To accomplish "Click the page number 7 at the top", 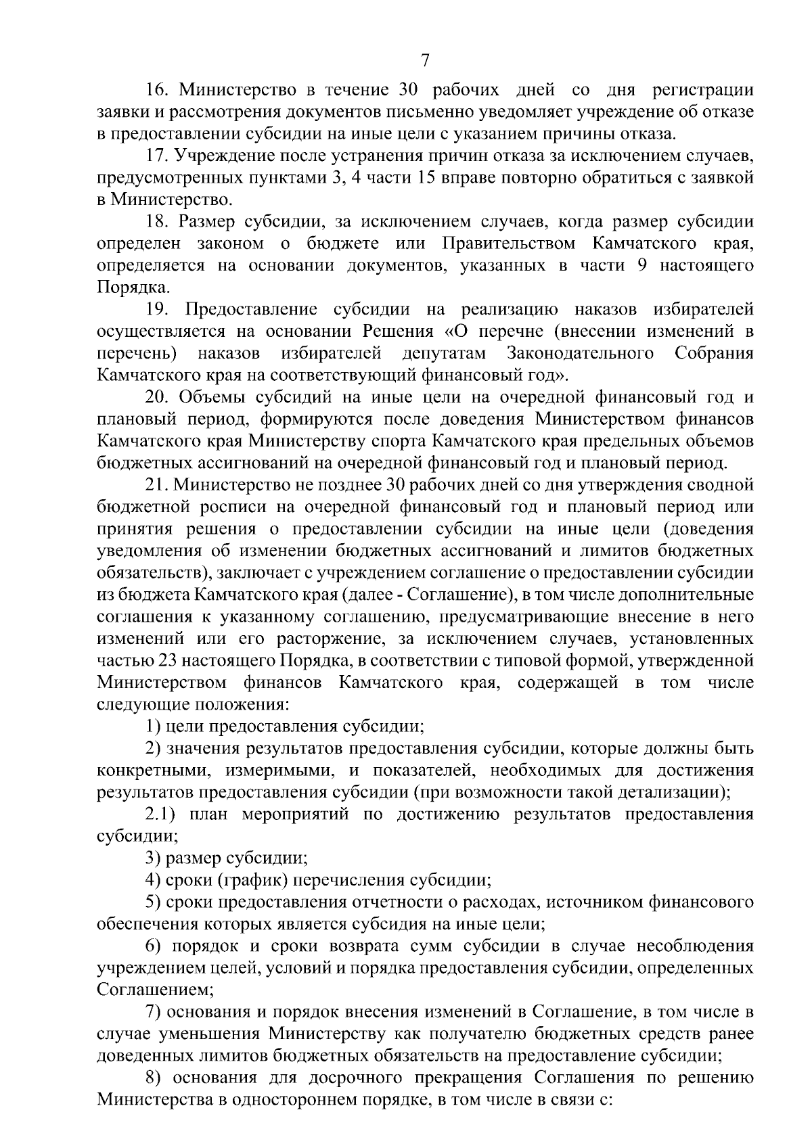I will (x=425, y=61).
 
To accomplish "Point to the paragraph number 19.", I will (x=158, y=310).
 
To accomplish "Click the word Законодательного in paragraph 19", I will (x=580, y=354).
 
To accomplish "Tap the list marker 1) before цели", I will (x=153, y=727).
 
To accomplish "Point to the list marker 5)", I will (x=153, y=902).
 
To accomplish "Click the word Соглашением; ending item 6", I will (x=156, y=990).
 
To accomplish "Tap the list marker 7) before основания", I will (x=153, y=1012).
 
